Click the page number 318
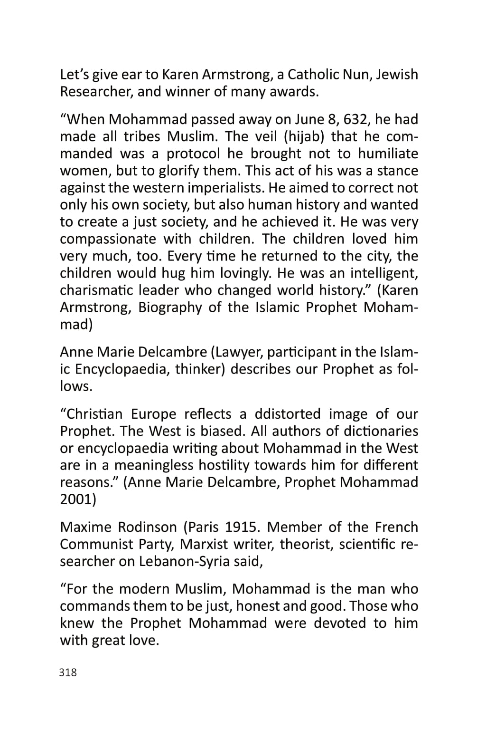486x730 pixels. coord(68,672)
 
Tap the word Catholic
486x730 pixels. coord(317,75)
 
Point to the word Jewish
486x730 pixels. coord(397,75)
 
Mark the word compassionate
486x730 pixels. coord(108,239)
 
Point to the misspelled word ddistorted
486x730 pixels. coord(288,414)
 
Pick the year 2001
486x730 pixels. coord(78,499)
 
